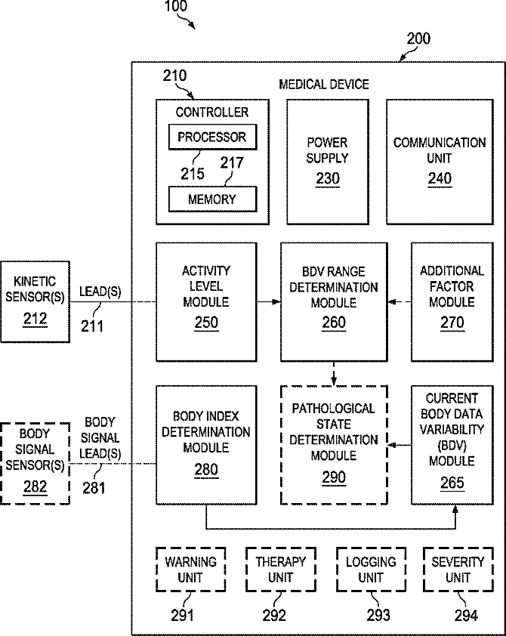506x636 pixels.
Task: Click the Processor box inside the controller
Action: (211, 137)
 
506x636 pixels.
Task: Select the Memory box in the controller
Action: (211, 199)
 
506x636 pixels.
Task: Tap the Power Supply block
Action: (328, 160)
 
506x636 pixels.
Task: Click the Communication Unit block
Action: (440, 160)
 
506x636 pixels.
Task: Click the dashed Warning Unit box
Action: (190, 570)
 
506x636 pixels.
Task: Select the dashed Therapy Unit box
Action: (280, 570)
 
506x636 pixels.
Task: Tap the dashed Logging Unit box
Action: (371, 570)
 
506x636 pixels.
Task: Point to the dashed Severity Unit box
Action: (458, 570)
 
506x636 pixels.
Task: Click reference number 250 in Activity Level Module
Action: (206, 323)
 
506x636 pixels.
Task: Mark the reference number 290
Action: (333, 477)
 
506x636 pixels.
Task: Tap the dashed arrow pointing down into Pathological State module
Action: (333, 372)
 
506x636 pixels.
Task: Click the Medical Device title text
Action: (324, 84)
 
